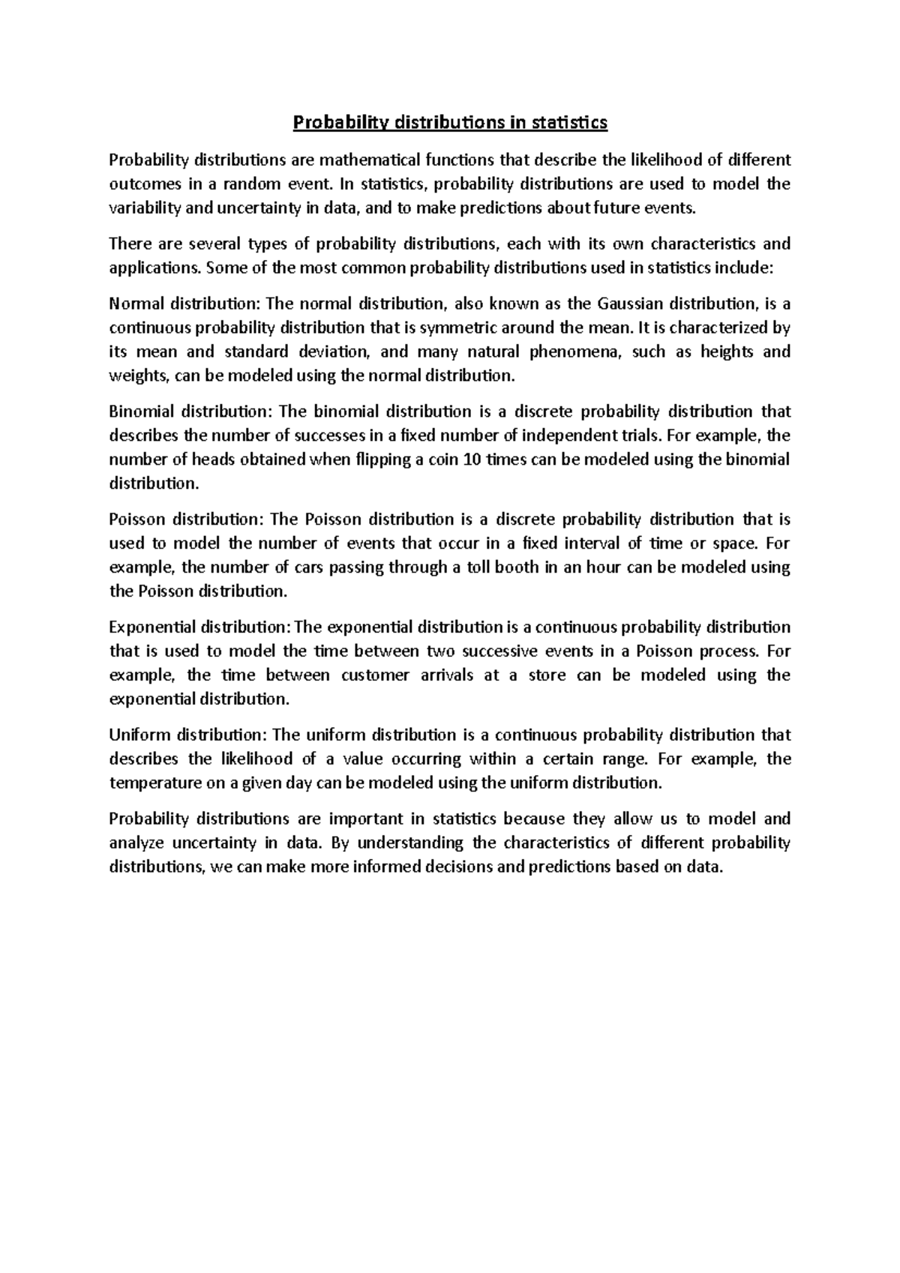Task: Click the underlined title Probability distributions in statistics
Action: tap(449, 122)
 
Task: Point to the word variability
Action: tap(145, 208)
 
